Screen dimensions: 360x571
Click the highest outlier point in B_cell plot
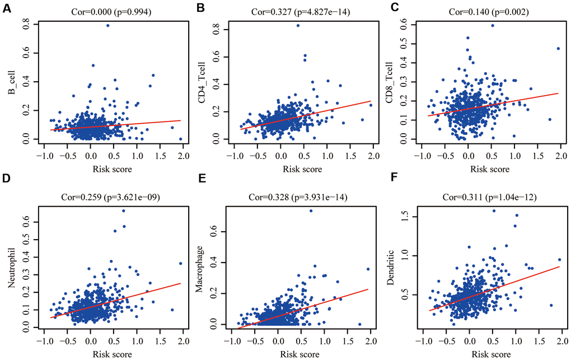coord(107,26)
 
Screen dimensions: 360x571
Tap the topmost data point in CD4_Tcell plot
coord(298,26)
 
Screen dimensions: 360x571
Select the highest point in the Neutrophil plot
coord(123,211)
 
